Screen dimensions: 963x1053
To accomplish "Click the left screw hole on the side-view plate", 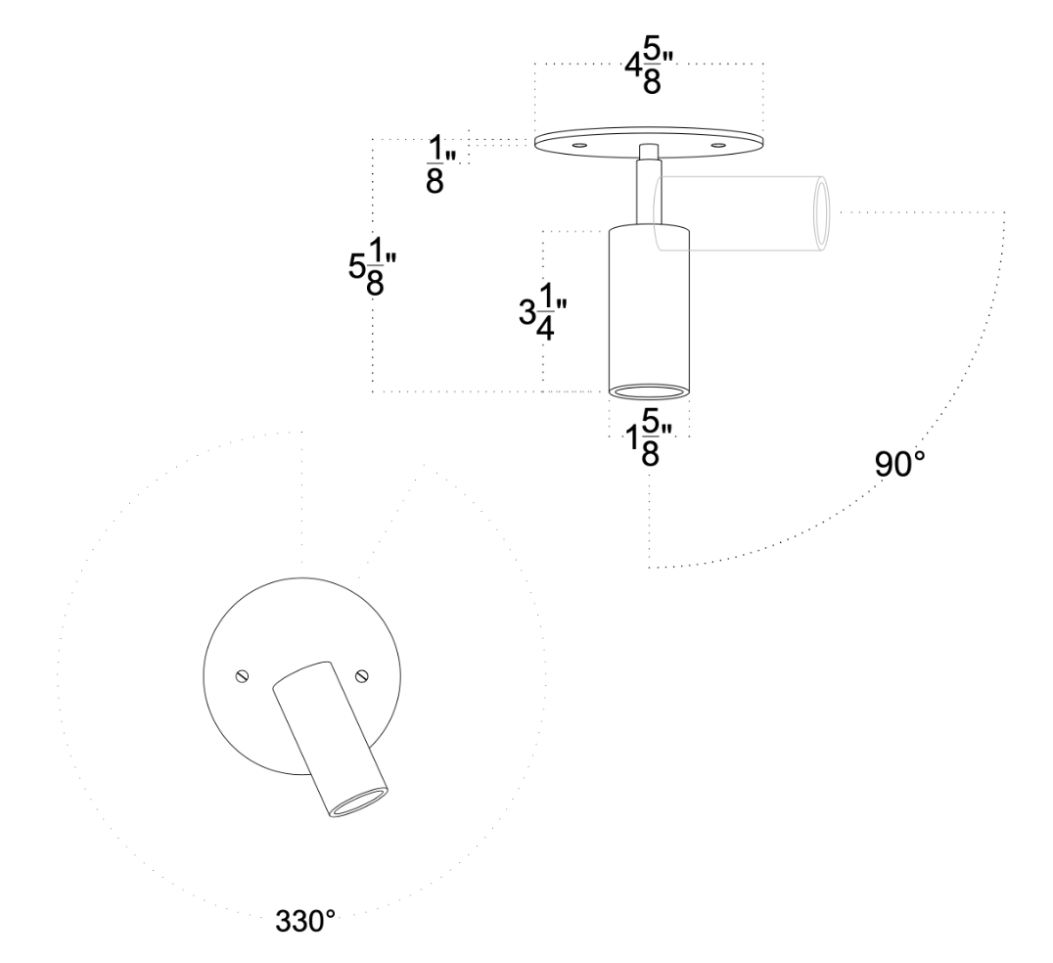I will (x=580, y=145).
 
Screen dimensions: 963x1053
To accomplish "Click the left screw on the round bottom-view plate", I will (x=242, y=674).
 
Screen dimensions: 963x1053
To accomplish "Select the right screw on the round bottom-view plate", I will (x=360, y=673).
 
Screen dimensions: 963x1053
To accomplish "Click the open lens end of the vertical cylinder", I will (x=648, y=391).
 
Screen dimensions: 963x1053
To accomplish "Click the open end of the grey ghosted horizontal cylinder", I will (x=820, y=215).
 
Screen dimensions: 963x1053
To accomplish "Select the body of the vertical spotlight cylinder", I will (x=648, y=303).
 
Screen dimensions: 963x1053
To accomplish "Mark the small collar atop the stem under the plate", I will (x=647, y=152).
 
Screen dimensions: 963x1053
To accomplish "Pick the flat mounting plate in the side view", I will (x=647, y=140).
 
